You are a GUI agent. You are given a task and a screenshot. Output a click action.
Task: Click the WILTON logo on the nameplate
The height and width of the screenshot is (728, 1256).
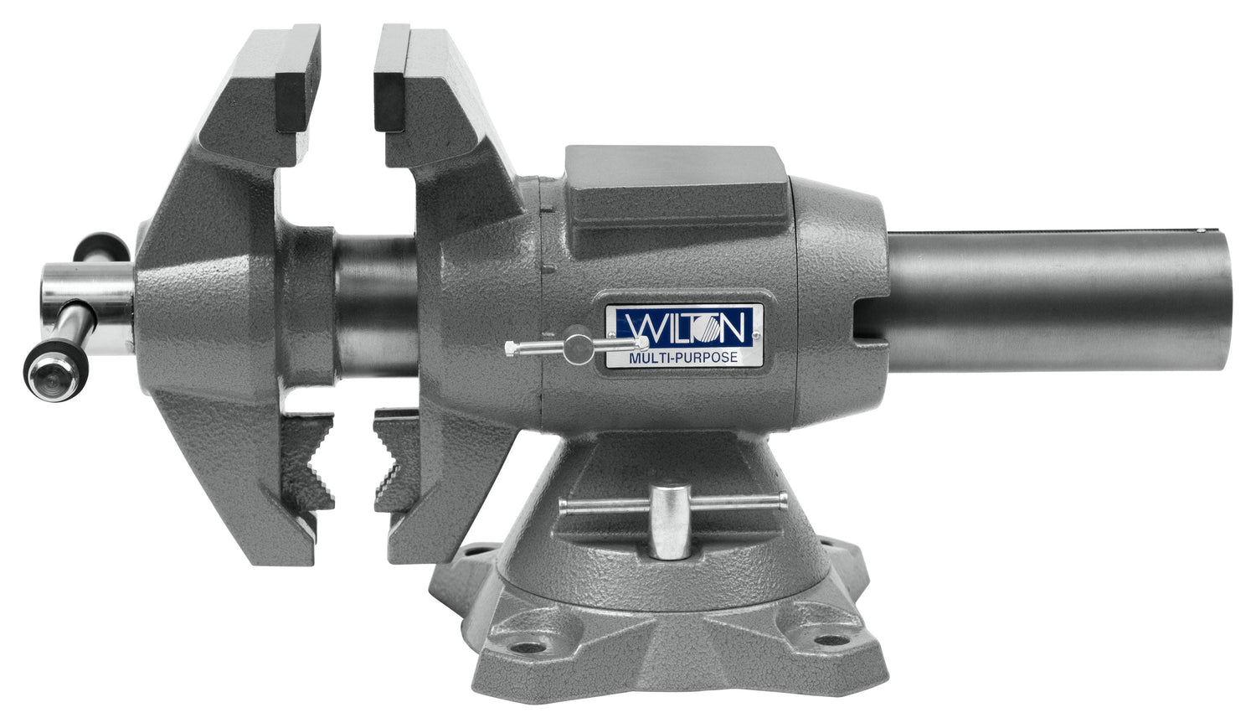[684, 327]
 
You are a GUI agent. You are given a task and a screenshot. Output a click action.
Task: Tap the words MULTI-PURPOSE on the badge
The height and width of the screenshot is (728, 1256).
[683, 358]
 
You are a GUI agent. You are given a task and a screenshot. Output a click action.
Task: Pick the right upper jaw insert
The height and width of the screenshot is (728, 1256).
[391, 79]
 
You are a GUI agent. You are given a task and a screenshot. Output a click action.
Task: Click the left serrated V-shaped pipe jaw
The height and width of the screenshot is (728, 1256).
[307, 461]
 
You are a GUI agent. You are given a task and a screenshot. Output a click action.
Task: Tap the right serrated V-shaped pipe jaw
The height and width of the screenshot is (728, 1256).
[395, 461]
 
